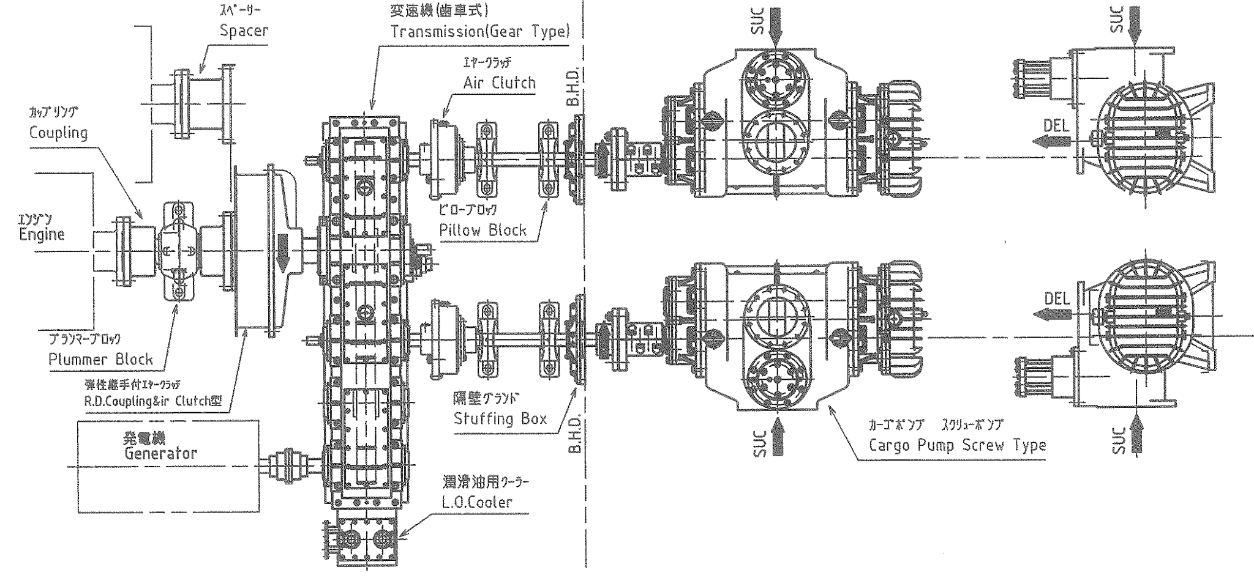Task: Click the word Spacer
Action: (x=244, y=31)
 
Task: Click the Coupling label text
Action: (x=58, y=133)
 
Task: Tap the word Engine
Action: (x=42, y=234)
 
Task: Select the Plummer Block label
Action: (x=101, y=359)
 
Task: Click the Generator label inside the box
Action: (x=160, y=453)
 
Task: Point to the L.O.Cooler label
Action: (x=476, y=502)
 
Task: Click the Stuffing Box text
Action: (x=500, y=418)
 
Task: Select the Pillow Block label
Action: (x=482, y=230)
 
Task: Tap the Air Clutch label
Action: (x=499, y=83)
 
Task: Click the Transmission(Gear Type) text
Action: (x=480, y=31)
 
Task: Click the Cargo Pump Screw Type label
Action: (x=957, y=445)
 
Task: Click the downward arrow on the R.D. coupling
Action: (x=282, y=251)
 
